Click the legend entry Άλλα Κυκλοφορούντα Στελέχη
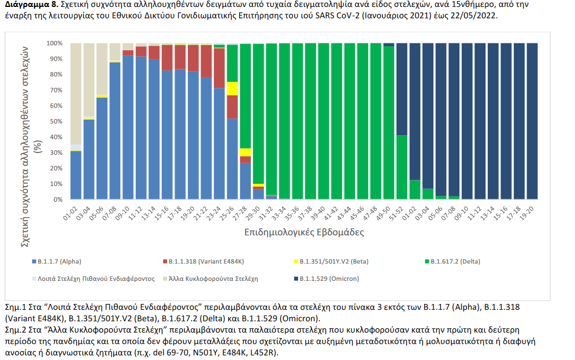coord(221,279)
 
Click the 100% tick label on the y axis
coord(54,43)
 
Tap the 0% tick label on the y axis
coord(57,199)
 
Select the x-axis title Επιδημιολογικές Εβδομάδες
coord(296,232)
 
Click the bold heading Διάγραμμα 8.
coord(27,5)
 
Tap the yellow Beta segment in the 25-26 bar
coord(232,88)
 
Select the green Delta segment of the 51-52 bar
coord(402,167)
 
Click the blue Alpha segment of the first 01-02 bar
coord(76,175)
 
